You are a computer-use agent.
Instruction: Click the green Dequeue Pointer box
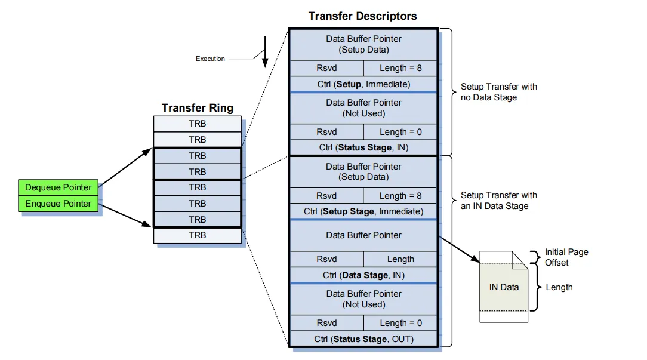click(x=58, y=187)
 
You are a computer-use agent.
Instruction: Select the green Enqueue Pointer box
click(x=58, y=204)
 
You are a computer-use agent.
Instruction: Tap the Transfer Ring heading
click(x=198, y=108)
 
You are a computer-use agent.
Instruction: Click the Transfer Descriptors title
click(x=362, y=16)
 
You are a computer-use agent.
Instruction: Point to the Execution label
click(x=210, y=59)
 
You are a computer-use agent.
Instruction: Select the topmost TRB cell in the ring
click(x=198, y=124)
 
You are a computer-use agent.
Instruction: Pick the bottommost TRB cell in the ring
click(x=198, y=235)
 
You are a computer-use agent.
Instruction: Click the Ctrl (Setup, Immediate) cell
click(x=363, y=84)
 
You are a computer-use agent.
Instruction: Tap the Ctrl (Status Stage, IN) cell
click(x=363, y=147)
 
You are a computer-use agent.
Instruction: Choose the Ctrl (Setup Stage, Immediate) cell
click(x=363, y=211)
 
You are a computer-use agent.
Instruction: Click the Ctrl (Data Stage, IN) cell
click(x=363, y=275)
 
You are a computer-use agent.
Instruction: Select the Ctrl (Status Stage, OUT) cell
click(x=363, y=339)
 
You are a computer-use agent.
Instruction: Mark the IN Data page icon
click(x=504, y=287)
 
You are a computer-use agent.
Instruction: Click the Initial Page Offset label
click(x=566, y=257)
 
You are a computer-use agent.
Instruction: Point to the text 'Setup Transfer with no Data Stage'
click(x=498, y=92)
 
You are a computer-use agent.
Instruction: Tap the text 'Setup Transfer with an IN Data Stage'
click(x=498, y=201)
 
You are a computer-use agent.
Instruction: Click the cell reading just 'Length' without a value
click(x=400, y=259)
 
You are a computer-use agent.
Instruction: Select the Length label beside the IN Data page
click(x=559, y=287)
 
